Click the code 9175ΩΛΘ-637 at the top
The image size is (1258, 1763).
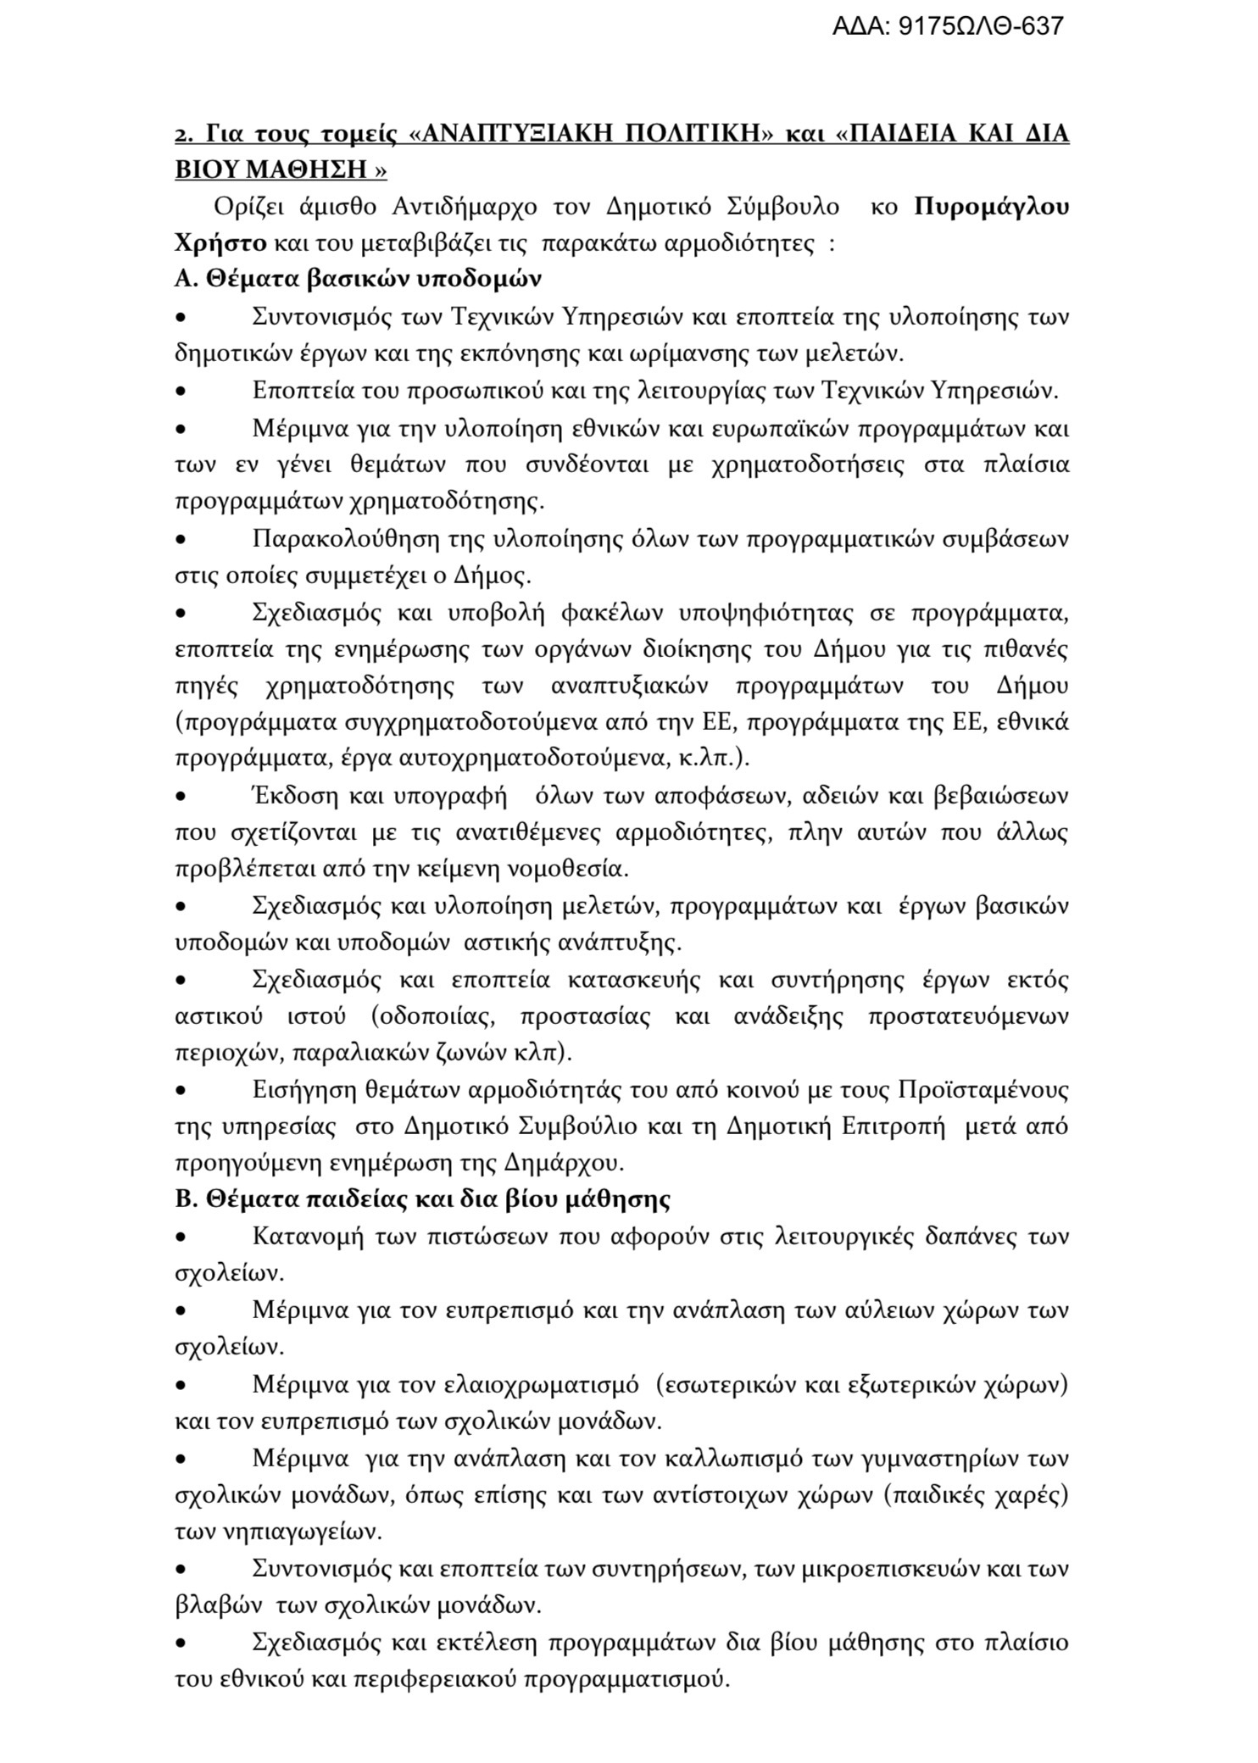point(979,26)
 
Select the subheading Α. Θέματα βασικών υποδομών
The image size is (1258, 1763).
point(358,280)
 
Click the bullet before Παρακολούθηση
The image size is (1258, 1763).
point(181,539)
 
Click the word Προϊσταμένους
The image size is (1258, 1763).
point(982,1089)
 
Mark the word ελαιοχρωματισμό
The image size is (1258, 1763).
point(542,1385)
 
